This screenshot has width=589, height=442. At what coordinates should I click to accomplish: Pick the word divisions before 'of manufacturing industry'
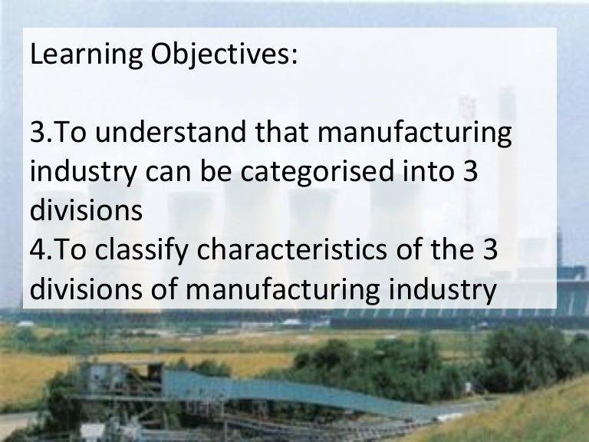click(86, 291)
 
